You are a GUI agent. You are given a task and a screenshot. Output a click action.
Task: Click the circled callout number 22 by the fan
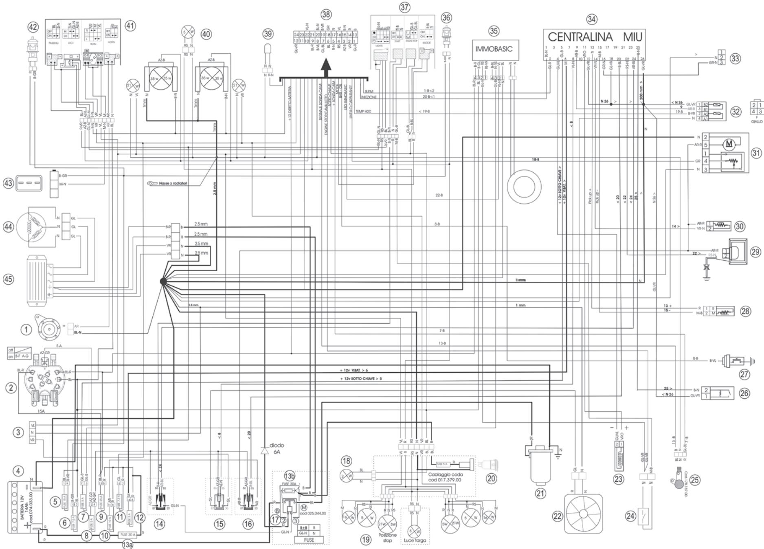click(x=557, y=516)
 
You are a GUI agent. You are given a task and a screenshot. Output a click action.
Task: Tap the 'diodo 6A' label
click(x=277, y=448)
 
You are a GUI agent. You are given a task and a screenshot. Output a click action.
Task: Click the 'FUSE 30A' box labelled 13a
click(x=128, y=534)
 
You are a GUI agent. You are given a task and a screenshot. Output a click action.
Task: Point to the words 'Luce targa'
click(x=415, y=540)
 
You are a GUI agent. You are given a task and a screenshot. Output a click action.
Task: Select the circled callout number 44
click(x=9, y=227)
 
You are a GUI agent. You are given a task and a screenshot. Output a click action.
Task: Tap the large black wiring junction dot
click(x=163, y=281)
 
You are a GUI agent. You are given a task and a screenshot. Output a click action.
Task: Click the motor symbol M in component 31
click(x=729, y=143)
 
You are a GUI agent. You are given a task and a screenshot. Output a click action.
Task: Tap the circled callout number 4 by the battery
click(x=18, y=471)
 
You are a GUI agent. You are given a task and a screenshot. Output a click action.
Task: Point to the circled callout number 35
click(x=494, y=31)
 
